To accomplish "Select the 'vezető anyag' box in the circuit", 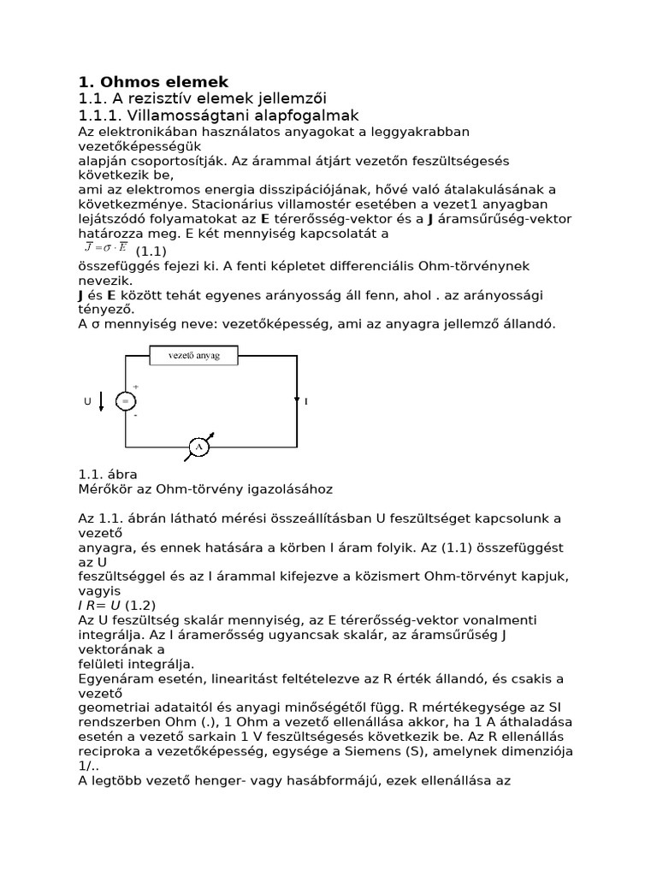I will tap(194, 355).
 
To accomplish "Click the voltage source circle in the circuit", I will tap(126, 400).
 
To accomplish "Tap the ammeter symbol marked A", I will tap(199, 447).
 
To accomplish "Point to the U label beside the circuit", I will tap(88, 400).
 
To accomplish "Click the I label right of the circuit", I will tap(305, 400).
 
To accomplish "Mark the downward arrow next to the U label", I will tap(103, 400).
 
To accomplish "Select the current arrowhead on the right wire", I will tap(296, 399).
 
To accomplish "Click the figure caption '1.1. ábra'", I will tap(107, 474).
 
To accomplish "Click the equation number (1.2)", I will tap(142, 606).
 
